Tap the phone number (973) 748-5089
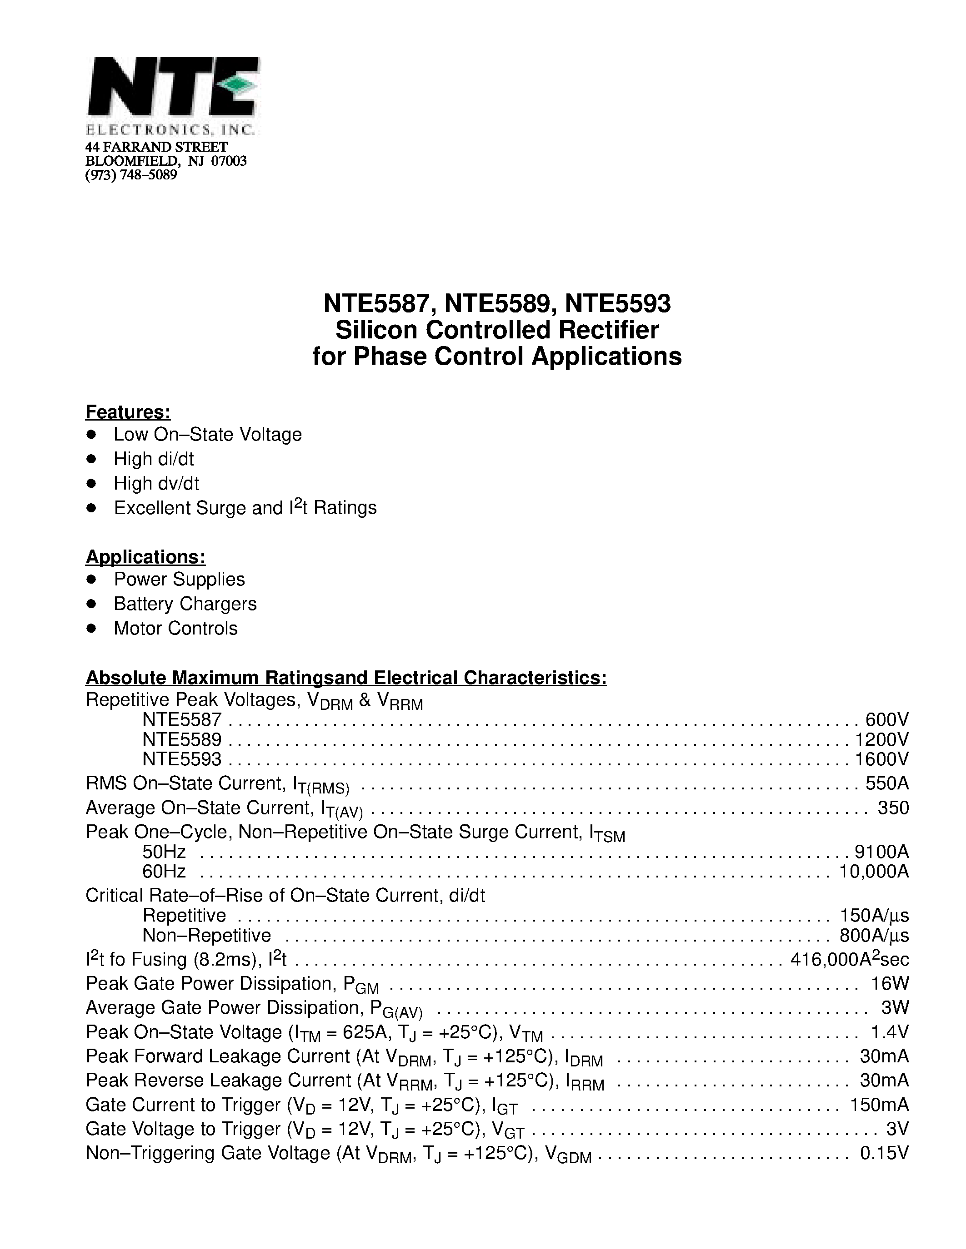[x=131, y=175]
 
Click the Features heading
[x=128, y=412]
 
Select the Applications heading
[x=145, y=556]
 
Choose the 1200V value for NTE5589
[x=881, y=739]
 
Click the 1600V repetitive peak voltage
[x=881, y=759]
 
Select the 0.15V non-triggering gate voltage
[x=884, y=1152]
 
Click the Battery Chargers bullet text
[x=185, y=604]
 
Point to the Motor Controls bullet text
[x=175, y=628]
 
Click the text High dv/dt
[x=156, y=483]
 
